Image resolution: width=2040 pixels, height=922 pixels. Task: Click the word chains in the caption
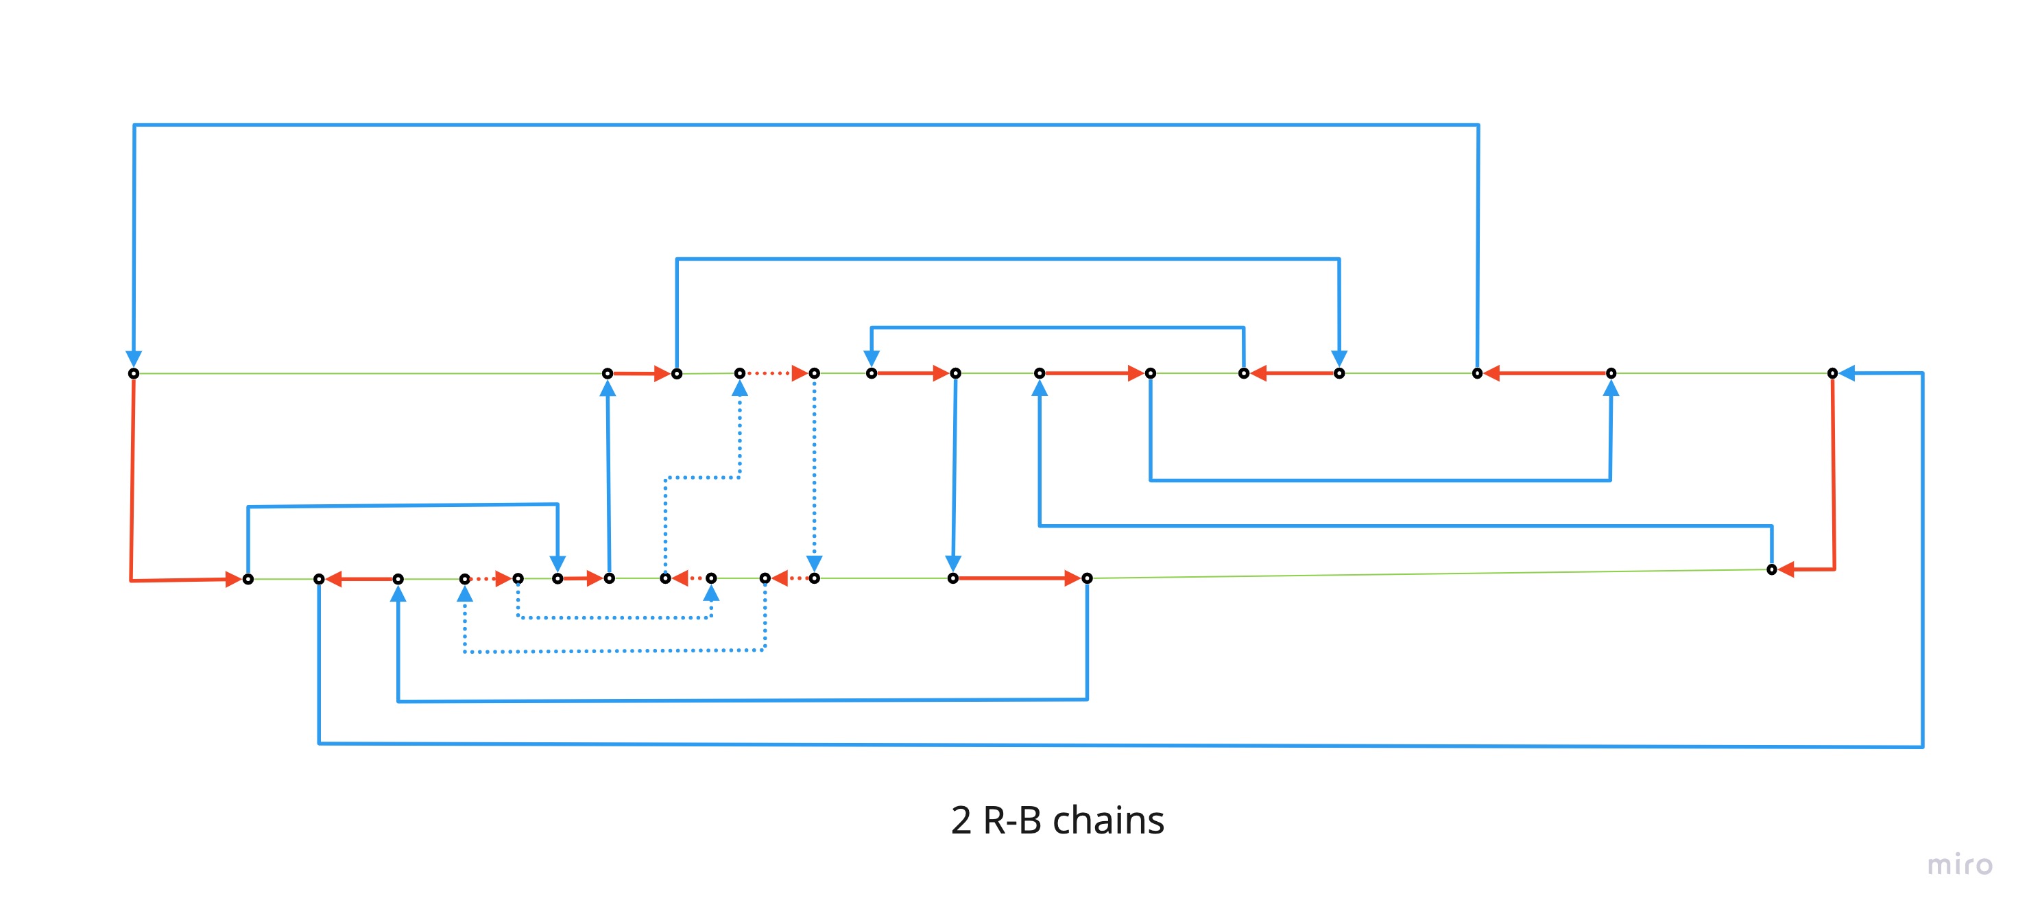(x=1108, y=820)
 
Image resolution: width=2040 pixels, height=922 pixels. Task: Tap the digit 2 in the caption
(x=961, y=820)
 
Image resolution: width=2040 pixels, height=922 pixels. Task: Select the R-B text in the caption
(x=1011, y=820)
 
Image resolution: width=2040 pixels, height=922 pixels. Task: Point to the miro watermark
(x=1959, y=864)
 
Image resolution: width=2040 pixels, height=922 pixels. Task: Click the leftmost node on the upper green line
(x=134, y=373)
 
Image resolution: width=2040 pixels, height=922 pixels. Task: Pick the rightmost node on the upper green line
(x=1832, y=373)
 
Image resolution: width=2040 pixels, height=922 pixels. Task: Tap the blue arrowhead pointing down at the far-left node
(x=134, y=359)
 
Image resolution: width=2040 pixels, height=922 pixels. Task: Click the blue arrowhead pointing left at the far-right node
(x=1847, y=373)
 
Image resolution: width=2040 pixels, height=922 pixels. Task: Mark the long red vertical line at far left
(x=132, y=475)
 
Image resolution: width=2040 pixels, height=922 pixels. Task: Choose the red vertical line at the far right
(x=1834, y=475)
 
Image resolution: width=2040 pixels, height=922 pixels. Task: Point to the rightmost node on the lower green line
(x=1771, y=569)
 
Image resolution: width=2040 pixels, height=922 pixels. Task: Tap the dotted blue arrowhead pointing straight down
(x=814, y=563)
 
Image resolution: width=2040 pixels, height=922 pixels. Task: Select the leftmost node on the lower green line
(x=248, y=579)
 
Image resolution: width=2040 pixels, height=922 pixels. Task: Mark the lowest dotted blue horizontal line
(x=614, y=651)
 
